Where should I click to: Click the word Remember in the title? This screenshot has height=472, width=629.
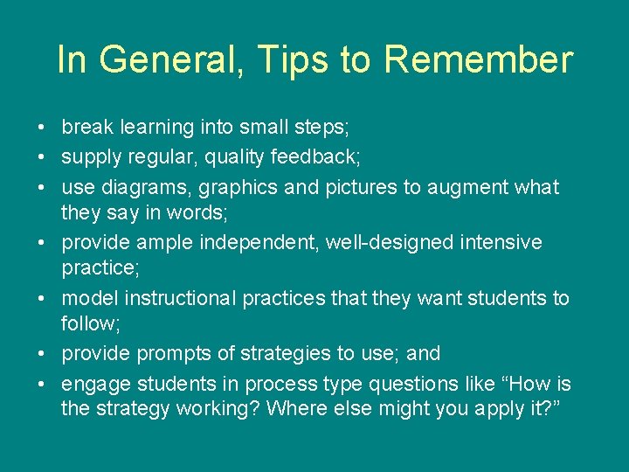point(478,60)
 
